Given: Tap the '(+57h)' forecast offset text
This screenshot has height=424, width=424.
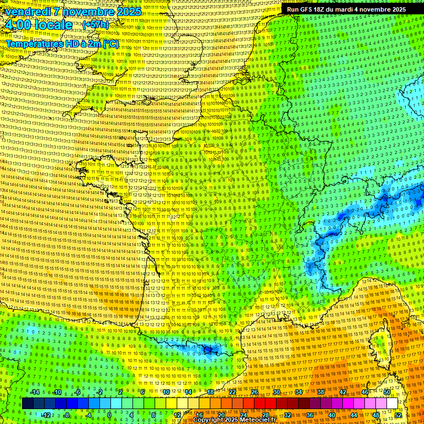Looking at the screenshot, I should [96, 25].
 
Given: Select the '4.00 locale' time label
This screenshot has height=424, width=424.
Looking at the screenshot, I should [38, 25].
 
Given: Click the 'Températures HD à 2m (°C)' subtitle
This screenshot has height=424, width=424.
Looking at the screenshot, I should [62, 43].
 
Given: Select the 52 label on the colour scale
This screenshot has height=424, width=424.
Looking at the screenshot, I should [398, 415].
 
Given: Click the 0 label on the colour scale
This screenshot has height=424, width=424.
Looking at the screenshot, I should [110, 415].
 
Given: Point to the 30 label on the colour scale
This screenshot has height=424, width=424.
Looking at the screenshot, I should [276, 392].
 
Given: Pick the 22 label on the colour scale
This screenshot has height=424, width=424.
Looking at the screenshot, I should [232, 392].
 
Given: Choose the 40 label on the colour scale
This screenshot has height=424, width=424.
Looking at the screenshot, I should [331, 415].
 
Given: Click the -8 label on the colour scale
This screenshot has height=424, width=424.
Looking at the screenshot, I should [66, 415].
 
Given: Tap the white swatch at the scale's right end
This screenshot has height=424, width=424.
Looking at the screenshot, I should [392, 404].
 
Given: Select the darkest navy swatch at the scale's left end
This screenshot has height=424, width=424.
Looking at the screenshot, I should [28, 404].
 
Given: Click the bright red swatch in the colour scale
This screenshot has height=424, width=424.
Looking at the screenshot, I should [259, 404].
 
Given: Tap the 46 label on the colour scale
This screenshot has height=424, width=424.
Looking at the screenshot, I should [365, 392].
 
